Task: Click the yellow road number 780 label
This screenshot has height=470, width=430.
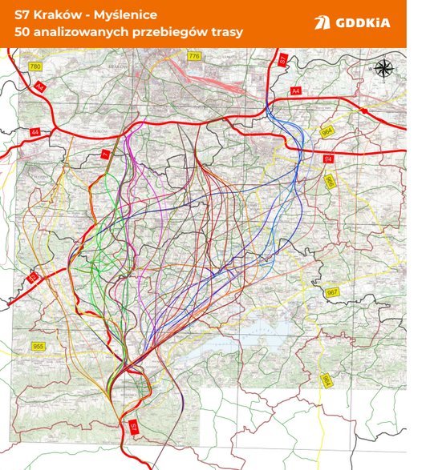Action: pyautogui.click(x=34, y=66)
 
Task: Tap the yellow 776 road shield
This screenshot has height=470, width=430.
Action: pyautogui.click(x=194, y=57)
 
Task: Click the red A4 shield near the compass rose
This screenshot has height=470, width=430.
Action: pyautogui.click(x=295, y=91)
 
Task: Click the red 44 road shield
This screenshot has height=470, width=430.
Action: pyautogui.click(x=34, y=131)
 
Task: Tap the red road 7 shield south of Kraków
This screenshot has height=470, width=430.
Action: pyautogui.click(x=103, y=153)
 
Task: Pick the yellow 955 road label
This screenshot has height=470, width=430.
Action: pyautogui.click(x=38, y=346)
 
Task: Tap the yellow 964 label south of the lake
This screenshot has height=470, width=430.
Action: pyautogui.click(x=327, y=382)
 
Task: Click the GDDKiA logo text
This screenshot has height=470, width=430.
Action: pyautogui.click(x=364, y=22)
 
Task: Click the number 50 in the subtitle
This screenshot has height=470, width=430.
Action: pyautogui.click(x=22, y=34)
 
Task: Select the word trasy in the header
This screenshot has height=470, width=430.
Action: pyautogui.click(x=225, y=34)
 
